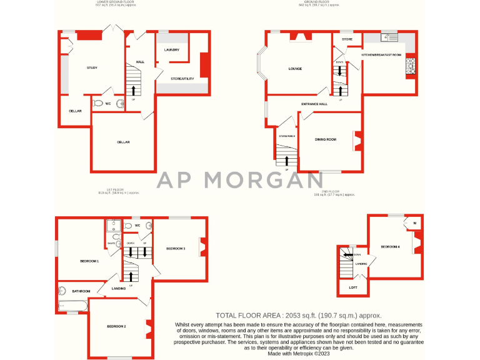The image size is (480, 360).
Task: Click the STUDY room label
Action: [x=92, y=67]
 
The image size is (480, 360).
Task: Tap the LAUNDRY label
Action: [x=172, y=49]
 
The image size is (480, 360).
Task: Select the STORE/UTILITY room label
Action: [x=182, y=79]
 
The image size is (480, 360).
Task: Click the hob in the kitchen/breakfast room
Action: [x=411, y=66]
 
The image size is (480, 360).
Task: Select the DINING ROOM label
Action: [x=326, y=139]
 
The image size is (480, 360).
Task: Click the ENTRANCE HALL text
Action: [x=314, y=104]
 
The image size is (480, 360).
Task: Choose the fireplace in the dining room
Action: [x=357, y=141]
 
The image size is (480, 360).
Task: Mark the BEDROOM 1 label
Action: [x=89, y=261]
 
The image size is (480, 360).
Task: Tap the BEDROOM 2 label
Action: [x=116, y=327]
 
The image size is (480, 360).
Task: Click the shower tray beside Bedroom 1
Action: [x=113, y=226]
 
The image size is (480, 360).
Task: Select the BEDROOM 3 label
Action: [x=176, y=248]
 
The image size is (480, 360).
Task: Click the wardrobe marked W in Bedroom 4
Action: [x=414, y=222]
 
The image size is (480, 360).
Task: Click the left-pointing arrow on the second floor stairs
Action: [x=346, y=254]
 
